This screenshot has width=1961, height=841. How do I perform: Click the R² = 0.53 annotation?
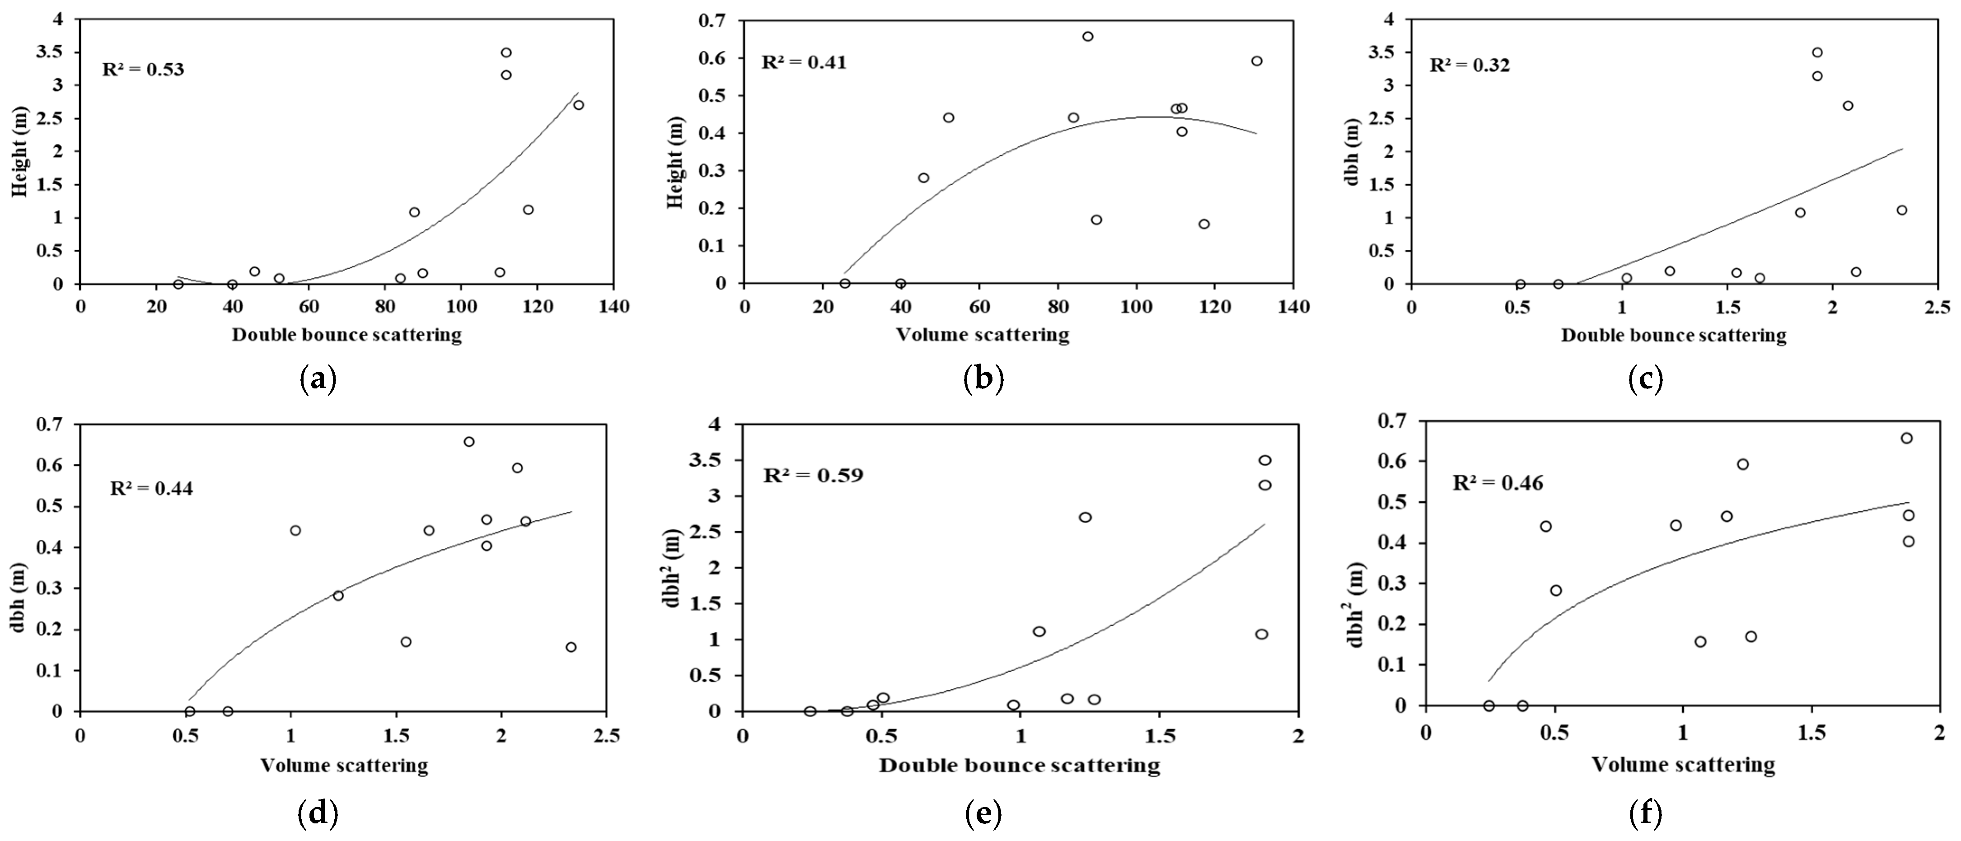pos(143,70)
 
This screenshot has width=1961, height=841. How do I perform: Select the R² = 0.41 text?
pos(804,61)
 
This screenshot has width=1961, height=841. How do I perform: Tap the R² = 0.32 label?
pos(1469,65)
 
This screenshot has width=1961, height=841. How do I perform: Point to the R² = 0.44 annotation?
pos(151,488)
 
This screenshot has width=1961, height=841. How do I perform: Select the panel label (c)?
pos(1644,378)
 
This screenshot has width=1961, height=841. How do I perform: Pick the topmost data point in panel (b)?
pos(1088,37)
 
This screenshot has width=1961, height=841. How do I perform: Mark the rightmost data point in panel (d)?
pos(571,647)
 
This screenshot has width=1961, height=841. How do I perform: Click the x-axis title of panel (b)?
pos(982,334)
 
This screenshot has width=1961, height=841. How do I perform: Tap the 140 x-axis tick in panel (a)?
pos(614,307)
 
